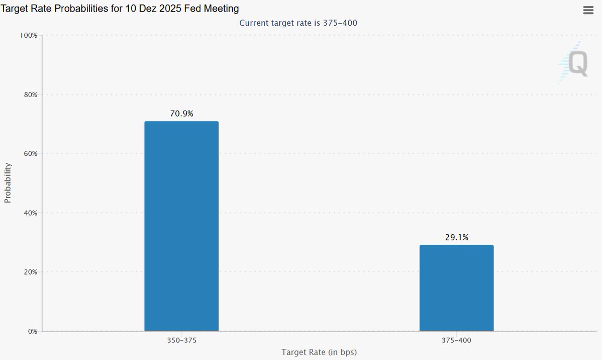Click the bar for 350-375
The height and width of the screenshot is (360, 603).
(x=181, y=226)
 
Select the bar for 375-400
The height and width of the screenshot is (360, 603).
(x=456, y=288)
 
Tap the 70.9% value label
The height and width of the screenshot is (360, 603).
(x=181, y=114)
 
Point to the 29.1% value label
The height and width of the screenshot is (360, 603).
(x=456, y=237)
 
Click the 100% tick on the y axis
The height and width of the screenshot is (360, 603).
(x=29, y=35)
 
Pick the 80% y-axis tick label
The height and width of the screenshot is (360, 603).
(x=30, y=95)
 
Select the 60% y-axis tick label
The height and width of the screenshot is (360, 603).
(x=30, y=153)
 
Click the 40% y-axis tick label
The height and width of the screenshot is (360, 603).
(x=30, y=213)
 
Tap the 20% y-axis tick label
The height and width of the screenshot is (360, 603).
(x=30, y=272)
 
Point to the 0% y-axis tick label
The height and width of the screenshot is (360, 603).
(x=32, y=331)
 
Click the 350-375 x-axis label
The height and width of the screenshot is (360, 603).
(x=181, y=340)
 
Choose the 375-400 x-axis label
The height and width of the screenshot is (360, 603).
(x=456, y=340)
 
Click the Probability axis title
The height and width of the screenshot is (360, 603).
(x=8, y=183)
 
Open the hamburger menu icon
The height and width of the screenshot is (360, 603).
(x=588, y=11)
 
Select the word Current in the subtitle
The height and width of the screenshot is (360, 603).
(x=254, y=23)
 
